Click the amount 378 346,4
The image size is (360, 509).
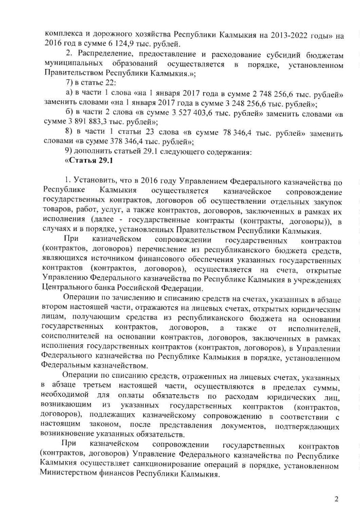[x=131, y=142]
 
